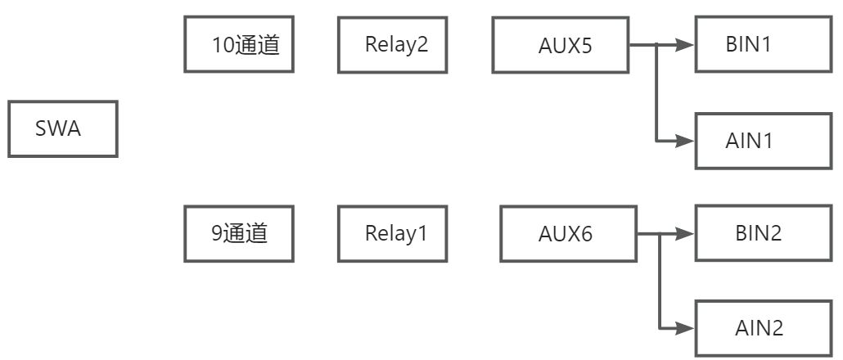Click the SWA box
pyautogui.click(x=63, y=129)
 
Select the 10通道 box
pyautogui.click(x=239, y=44)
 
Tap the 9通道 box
pyautogui.click(x=239, y=234)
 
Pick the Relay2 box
pyautogui.click(x=393, y=44)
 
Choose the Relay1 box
pyautogui.click(x=393, y=234)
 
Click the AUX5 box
pyautogui.click(x=561, y=45)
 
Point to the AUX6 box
pyautogui.click(x=569, y=234)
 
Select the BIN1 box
pyautogui.click(x=764, y=44)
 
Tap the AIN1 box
pyautogui.click(x=764, y=141)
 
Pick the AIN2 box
pyautogui.click(x=764, y=328)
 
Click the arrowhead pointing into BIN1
pyautogui.click(x=685, y=45)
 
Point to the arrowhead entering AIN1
pyautogui.click(x=685, y=142)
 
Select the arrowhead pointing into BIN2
pyautogui.click(x=685, y=234)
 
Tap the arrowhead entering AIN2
pyautogui.click(x=685, y=327)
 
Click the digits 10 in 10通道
pyautogui.click(x=224, y=45)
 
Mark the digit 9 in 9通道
pyautogui.click(x=217, y=234)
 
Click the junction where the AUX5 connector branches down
pyautogui.click(x=656, y=45)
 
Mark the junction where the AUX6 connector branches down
pyautogui.click(x=660, y=234)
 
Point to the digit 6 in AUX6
pyautogui.click(x=586, y=235)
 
